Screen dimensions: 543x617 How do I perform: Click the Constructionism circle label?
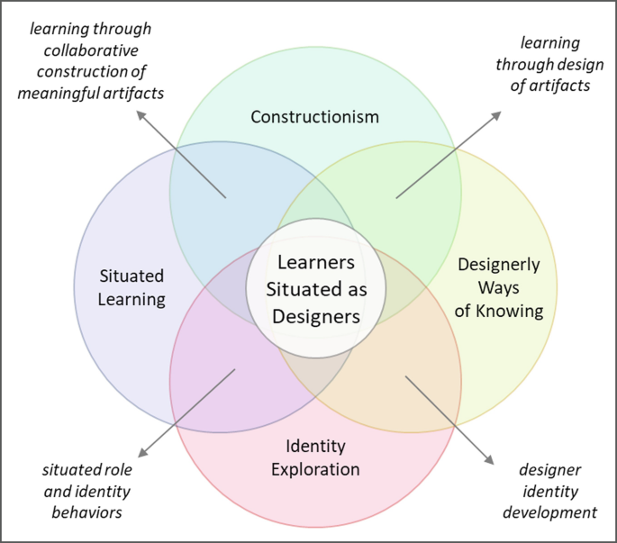[315, 116]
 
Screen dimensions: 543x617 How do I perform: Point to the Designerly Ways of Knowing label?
[499, 288]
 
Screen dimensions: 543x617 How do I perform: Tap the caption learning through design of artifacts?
[549, 65]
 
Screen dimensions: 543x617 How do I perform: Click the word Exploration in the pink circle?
[315, 469]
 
